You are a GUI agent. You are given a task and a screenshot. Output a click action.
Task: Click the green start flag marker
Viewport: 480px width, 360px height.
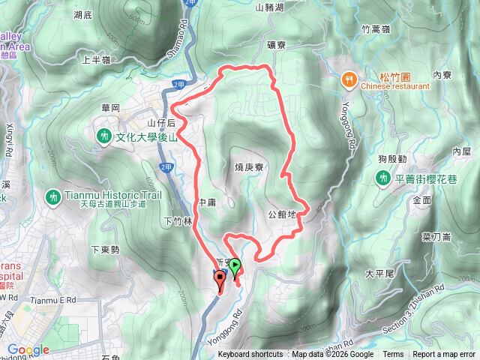(235, 265)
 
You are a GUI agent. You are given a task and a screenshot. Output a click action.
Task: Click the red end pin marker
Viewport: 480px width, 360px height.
(220, 281)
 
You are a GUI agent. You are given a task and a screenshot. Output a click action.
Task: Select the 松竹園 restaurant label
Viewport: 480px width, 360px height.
(393, 76)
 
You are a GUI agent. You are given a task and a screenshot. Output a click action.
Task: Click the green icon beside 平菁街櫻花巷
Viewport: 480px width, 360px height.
(382, 177)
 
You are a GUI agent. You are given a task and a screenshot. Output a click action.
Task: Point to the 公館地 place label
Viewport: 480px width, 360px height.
(282, 214)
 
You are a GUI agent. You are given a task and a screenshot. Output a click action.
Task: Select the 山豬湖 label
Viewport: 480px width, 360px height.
(269, 7)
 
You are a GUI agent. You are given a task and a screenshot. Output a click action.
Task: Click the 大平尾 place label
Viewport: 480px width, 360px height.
(379, 273)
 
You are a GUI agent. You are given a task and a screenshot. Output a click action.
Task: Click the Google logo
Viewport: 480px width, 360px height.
(28, 349)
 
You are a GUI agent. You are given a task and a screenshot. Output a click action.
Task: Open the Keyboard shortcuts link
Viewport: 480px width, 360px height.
(250, 355)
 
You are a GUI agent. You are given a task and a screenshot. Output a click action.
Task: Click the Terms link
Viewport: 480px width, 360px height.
(393, 355)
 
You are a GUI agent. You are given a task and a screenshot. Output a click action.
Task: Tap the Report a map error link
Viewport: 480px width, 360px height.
(444, 355)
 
